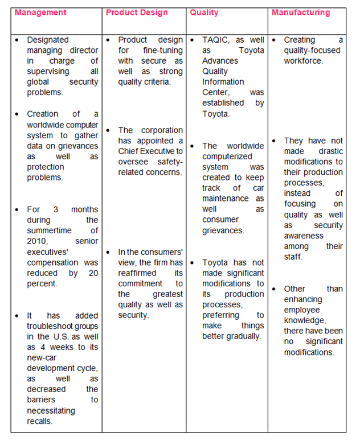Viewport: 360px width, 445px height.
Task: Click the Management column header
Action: click(40, 13)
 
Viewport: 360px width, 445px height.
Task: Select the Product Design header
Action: click(137, 13)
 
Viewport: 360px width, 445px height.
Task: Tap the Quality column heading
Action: click(204, 13)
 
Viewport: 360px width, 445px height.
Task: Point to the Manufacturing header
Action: click(300, 13)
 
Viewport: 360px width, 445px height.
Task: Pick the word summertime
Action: click(54, 230)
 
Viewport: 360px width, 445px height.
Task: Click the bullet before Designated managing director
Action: click(17, 40)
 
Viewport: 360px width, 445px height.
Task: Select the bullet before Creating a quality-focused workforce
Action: click(274, 40)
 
